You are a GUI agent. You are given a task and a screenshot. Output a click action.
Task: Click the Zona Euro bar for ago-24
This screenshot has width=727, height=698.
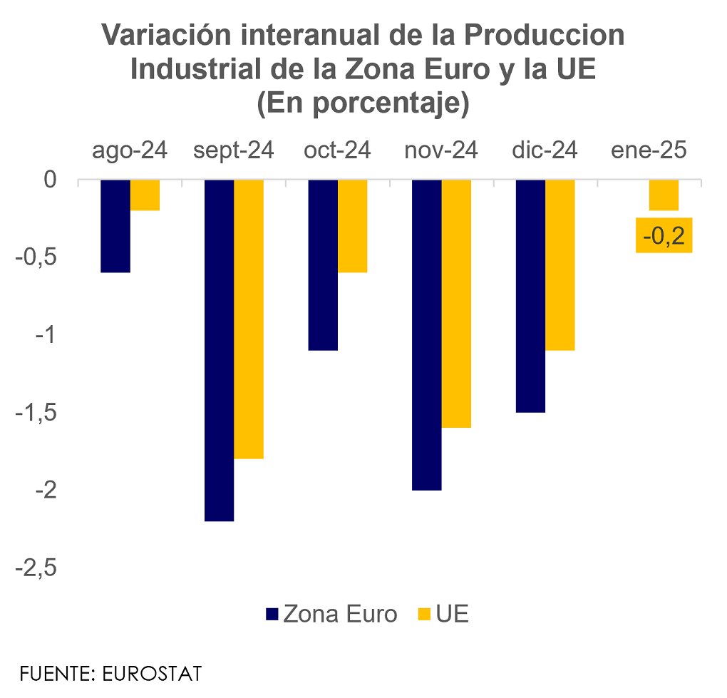[115, 226]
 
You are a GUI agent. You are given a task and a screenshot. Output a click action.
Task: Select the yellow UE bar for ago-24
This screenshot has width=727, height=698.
[145, 195]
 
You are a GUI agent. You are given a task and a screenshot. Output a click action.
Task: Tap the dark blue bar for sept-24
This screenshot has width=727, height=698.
[220, 350]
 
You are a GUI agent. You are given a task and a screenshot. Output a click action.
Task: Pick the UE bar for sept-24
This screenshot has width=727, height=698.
[249, 319]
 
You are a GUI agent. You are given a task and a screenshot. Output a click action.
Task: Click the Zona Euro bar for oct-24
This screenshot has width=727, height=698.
[323, 265]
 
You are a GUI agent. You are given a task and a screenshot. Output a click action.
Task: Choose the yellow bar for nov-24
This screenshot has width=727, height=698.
[456, 304]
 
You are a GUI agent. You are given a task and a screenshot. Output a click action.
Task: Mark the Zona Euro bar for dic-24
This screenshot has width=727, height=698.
[530, 296]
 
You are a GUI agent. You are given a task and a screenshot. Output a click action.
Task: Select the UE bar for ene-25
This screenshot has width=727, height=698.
[664, 195]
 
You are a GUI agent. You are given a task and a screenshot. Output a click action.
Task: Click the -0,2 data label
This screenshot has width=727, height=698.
[664, 235]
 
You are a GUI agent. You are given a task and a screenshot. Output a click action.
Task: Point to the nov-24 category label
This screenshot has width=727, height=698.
[441, 151]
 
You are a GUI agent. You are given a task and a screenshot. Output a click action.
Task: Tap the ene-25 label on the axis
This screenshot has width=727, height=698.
[649, 151]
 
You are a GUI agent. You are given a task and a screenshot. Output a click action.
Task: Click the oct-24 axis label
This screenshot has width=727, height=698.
[337, 151]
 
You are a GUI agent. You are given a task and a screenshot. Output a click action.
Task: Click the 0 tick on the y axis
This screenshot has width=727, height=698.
[50, 180]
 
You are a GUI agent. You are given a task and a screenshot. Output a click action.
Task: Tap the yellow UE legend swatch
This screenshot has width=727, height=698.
[425, 615]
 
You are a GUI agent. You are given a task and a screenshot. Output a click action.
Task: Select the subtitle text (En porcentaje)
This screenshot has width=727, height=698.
[363, 104]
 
